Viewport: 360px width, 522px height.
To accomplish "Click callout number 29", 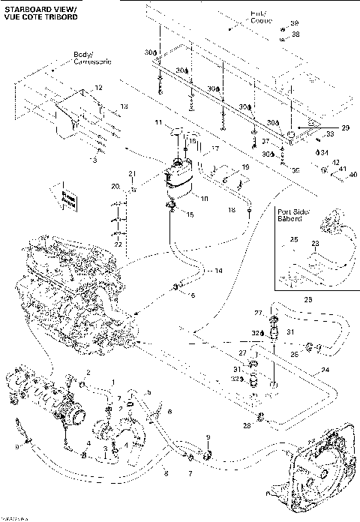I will point(345,128).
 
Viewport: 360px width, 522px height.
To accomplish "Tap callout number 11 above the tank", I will point(158,121).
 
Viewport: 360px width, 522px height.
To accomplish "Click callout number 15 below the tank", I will point(190,215).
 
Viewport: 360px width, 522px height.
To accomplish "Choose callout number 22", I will point(118,243).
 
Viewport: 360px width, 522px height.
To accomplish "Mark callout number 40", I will point(352,175).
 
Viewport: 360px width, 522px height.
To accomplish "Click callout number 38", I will point(295,34).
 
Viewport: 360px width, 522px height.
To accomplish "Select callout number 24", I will point(325,370).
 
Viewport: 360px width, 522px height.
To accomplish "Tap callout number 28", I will point(247,426).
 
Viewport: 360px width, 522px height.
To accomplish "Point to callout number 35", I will point(295,170).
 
